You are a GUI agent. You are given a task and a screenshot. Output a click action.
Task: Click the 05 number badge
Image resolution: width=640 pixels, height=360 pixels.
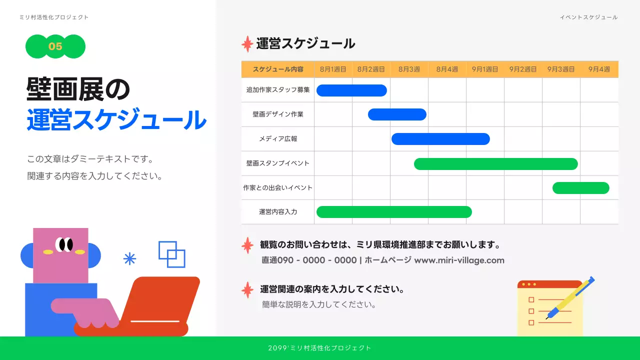pos(55,46)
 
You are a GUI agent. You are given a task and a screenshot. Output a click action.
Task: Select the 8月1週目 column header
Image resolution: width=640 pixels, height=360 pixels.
pos(333,69)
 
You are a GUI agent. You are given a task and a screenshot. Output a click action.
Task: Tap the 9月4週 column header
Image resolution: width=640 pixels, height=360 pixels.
pos(599,69)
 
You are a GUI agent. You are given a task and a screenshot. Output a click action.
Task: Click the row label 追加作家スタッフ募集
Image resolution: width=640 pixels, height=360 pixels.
pos(278,90)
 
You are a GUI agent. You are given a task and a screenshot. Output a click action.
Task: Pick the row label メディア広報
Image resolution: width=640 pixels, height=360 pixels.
pos(278,139)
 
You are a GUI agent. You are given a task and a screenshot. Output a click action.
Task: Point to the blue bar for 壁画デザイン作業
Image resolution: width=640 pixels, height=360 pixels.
pos(397,114)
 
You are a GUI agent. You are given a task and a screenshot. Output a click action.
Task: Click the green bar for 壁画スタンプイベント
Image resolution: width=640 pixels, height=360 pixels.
pos(495,164)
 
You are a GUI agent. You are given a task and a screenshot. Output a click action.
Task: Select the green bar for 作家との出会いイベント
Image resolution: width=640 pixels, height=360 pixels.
pos(580,188)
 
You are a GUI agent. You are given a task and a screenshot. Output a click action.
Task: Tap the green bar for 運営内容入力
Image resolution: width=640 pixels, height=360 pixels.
pos(394,212)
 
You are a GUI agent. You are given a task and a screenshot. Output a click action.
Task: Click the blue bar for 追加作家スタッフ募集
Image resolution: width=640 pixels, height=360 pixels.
pos(351,90)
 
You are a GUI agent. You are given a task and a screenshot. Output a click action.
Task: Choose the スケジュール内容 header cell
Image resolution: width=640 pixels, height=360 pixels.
pos(278,69)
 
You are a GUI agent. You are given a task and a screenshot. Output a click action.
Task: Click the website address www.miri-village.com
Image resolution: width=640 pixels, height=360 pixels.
pos(459,260)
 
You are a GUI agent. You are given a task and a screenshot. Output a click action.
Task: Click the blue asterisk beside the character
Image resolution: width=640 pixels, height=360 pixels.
pos(129,258)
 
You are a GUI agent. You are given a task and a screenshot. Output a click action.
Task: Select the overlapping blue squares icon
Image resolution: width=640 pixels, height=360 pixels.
pos(172,254)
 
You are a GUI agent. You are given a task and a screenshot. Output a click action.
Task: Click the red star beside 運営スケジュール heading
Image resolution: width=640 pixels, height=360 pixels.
pos(247,44)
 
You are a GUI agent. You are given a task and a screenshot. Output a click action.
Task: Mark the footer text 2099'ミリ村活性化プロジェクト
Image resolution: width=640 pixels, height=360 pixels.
pos(320,348)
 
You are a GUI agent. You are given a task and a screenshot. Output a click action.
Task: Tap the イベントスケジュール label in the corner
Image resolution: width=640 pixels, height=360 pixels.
pos(588,17)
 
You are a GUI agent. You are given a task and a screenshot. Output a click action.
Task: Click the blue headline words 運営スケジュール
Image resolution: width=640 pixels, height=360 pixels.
pos(116,120)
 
